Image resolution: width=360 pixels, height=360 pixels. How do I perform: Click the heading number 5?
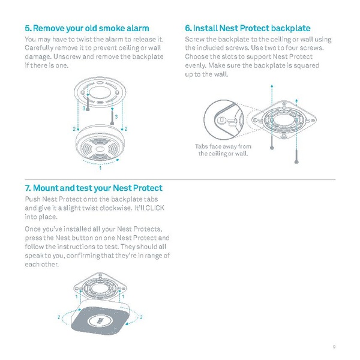[28, 28]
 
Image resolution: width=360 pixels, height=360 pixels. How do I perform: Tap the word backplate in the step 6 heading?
[290, 28]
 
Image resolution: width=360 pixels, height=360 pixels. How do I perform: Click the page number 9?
[333, 346]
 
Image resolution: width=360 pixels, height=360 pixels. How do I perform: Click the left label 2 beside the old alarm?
[74, 130]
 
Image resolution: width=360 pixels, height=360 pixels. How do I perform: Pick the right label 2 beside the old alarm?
[126, 130]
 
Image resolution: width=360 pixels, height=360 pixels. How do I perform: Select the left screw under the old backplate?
[88, 103]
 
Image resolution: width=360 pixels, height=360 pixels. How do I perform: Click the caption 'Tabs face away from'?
[223, 146]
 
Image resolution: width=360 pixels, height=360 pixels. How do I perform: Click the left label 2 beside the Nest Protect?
[58, 316]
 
